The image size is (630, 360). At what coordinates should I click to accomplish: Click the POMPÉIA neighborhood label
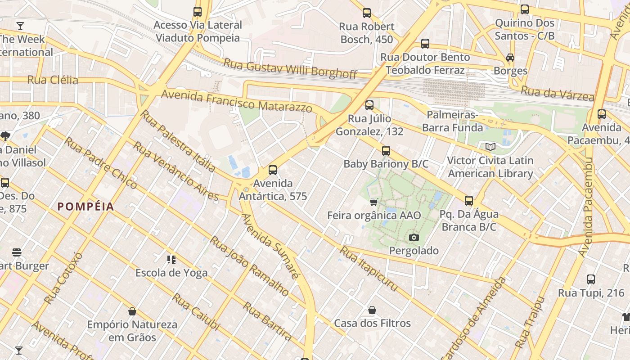tap(85, 207)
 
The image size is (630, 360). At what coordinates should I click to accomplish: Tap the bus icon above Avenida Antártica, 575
tap(272, 170)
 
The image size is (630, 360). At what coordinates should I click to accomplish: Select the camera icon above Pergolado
tap(414, 237)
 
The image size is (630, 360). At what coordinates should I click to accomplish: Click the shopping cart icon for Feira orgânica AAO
tap(373, 202)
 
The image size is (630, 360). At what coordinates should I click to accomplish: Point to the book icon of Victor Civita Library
tap(490, 147)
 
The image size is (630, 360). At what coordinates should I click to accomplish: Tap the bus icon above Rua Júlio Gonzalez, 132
tap(369, 105)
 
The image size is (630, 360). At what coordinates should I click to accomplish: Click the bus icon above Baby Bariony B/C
tap(386, 151)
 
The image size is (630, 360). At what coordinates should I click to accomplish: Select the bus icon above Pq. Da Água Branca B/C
tap(469, 201)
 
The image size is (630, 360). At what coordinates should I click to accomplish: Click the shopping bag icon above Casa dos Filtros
tap(372, 310)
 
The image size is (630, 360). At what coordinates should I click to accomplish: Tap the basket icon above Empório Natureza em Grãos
tap(132, 311)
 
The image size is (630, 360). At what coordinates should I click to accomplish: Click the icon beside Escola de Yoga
tap(171, 259)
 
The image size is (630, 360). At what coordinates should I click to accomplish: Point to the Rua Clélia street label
tap(53, 80)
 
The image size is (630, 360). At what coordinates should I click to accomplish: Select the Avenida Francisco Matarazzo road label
tap(236, 101)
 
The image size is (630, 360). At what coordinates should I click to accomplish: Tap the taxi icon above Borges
tap(510, 58)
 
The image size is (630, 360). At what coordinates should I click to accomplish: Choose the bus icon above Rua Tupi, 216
tap(591, 279)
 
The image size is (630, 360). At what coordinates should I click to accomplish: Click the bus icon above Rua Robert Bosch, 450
tap(367, 13)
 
